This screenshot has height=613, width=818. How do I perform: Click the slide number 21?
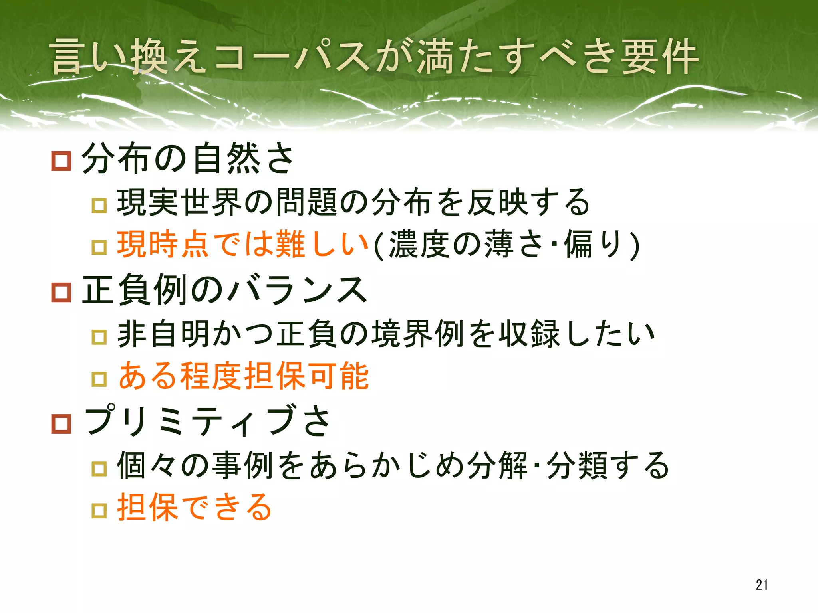[x=761, y=585]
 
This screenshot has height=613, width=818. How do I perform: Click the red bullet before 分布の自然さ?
[x=61, y=161]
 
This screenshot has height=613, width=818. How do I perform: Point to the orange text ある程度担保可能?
[x=244, y=376]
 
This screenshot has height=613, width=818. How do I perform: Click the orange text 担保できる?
[x=195, y=507]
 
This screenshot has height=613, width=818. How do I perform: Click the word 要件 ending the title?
[x=659, y=57]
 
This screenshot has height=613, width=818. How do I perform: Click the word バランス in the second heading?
[x=298, y=290]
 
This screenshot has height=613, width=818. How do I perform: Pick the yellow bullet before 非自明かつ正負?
[x=99, y=337]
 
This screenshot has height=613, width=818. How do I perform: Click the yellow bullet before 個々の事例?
[x=99, y=469]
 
